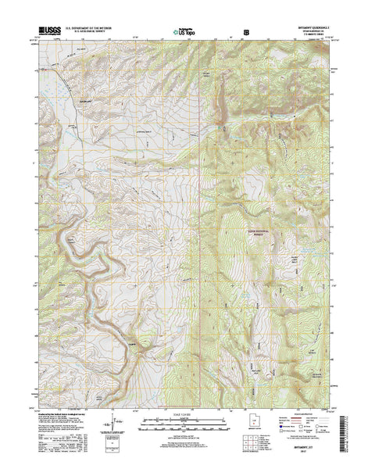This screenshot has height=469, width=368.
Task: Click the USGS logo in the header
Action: (48, 32)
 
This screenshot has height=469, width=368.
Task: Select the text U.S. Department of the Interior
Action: (93, 28)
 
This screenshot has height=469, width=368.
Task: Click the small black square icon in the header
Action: (247, 34)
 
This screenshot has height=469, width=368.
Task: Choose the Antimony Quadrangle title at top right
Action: (307, 28)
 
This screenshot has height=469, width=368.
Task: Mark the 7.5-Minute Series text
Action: (307, 36)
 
